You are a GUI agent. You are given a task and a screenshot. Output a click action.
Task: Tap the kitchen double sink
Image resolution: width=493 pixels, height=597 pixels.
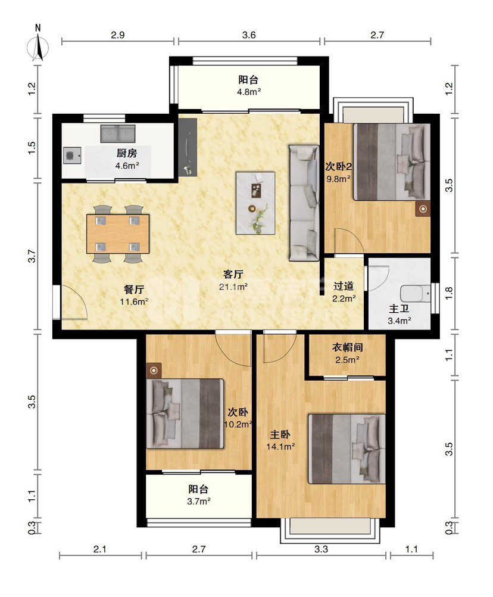pyautogui.click(x=117, y=133)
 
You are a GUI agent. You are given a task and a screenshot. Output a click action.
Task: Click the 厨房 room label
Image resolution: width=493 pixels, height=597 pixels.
pyautogui.click(x=127, y=153)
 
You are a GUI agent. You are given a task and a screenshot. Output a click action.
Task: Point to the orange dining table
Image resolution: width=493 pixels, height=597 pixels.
pyautogui.click(x=118, y=234)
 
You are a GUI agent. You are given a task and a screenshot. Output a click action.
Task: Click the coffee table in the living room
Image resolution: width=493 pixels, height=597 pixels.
pyautogui.click(x=255, y=203)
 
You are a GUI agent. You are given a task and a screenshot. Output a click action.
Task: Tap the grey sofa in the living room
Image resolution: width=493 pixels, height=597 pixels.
pyautogui.click(x=304, y=203)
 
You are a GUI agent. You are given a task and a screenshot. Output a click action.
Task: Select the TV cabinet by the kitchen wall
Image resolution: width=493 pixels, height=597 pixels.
pyautogui.click(x=188, y=147)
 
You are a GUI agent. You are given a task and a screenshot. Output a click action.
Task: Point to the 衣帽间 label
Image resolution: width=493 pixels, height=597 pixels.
pyautogui.click(x=347, y=347)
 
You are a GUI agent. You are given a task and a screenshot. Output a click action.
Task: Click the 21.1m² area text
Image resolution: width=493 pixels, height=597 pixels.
pyautogui.click(x=233, y=287)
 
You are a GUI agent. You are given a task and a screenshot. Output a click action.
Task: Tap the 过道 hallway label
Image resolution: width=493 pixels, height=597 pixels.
pyautogui.click(x=344, y=285)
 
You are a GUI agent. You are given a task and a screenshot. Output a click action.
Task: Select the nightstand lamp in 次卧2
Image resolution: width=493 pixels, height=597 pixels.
pyautogui.click(x=423, y=209)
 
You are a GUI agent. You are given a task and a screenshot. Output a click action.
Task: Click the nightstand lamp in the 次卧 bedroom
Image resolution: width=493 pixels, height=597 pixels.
pyautogui.click(x=154, y=371)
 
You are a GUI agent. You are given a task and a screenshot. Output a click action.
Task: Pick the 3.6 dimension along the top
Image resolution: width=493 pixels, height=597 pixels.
pyautogui.click(x=249, y=35)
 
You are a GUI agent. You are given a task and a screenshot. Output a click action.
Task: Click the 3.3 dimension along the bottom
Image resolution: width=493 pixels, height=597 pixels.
pyautogui.click(x=321, y=549)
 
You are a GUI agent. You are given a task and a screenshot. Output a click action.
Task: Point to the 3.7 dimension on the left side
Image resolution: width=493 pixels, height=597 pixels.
pyautogui.click(x=32, y=256)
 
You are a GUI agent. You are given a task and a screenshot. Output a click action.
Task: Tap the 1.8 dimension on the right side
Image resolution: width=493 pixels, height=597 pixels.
pyautogui.click(x=449, y=293)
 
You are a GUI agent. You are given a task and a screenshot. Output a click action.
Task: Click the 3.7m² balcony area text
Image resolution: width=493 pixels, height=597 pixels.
pyautogui.click(x=199, y=502)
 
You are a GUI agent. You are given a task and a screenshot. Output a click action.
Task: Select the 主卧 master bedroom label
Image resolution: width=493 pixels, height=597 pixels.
pyautogui.click(x=280, y=434)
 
